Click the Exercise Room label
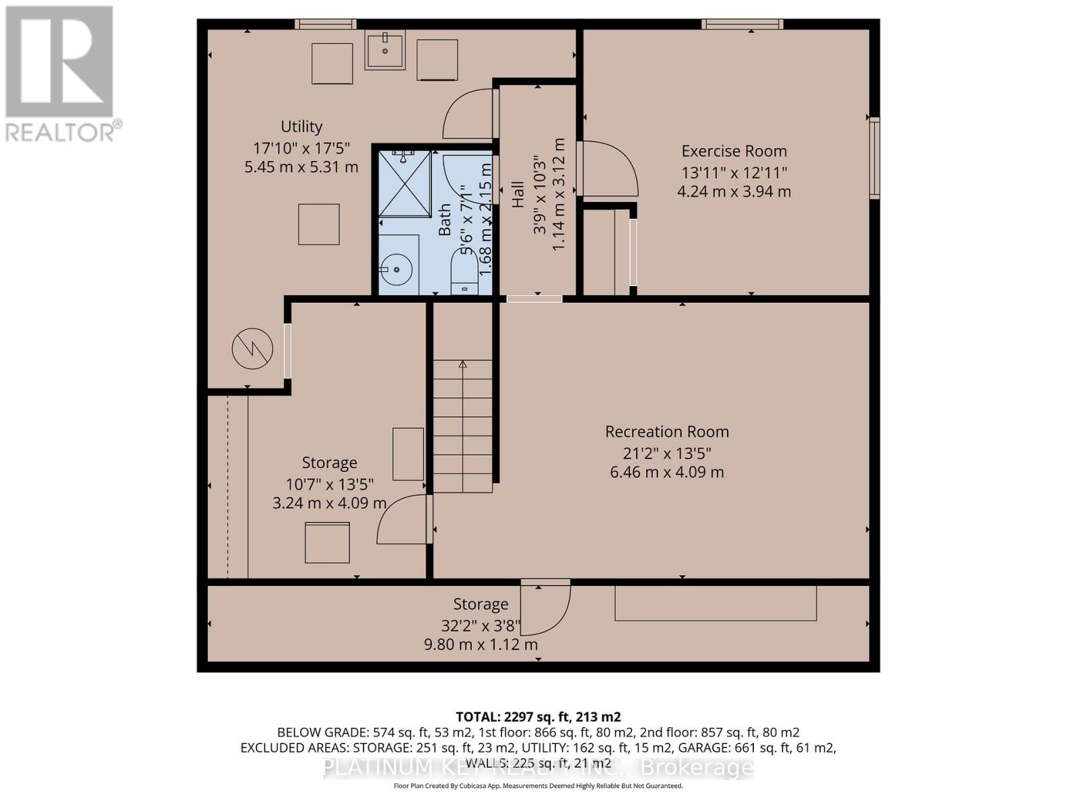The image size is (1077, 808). point(734,151)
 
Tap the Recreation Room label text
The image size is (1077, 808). point(666,432)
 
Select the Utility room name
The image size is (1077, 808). point(301,127)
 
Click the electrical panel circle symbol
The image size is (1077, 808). point(252,349)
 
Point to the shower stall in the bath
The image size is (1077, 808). point(404,184)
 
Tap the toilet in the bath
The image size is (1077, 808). point(464,273)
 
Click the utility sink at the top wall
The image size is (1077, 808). point(385,50)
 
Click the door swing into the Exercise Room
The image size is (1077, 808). point(609,168)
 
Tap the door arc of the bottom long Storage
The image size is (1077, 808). point(545,609)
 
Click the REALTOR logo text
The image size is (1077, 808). point(64,131)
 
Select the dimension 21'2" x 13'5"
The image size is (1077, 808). point(666,452)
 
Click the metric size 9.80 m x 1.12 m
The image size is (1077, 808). point(481,644)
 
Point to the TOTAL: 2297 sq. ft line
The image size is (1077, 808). point(538,716)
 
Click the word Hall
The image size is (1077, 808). point(518,194)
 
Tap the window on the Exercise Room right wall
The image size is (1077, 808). point(874,158)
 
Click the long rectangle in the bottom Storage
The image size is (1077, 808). point(715,603)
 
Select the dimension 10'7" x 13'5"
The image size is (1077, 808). point(329,483)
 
